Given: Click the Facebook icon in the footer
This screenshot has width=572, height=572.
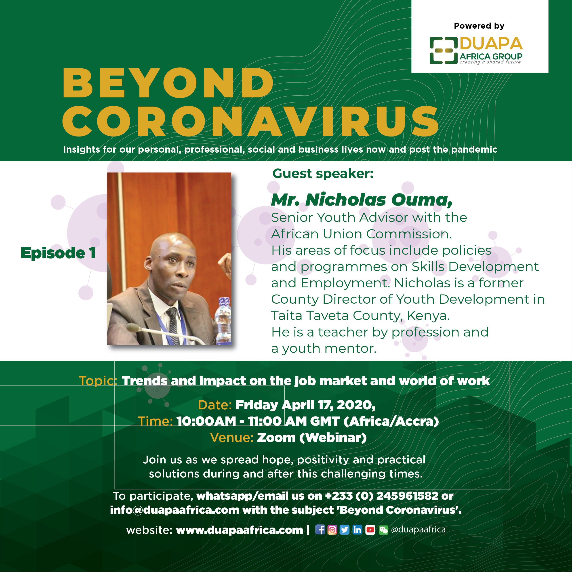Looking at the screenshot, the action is click(320, 530).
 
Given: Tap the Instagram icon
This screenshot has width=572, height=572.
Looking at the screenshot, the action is click(332, 530).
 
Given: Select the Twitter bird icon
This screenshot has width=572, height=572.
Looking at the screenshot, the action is click(344, 530).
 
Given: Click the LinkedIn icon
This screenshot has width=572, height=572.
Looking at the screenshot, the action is click(357, 530).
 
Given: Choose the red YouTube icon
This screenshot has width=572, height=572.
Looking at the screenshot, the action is click(370, 530).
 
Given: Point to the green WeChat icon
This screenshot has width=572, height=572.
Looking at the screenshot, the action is click(383, 530).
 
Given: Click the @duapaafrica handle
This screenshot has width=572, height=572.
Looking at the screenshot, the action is click(418, 529).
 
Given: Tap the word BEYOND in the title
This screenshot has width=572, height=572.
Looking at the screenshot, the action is click(168, 83).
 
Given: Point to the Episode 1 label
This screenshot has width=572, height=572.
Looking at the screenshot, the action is click(58, 253).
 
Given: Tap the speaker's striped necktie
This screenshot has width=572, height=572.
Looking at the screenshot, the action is click(173, 326).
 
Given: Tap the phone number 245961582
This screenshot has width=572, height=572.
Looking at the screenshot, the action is click(407, 496).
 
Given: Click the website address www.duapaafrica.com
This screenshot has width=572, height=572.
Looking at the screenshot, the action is click(240, 530).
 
